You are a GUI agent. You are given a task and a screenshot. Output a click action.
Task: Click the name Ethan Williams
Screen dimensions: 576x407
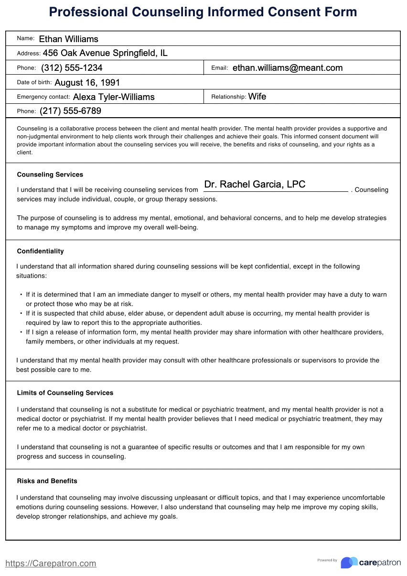click(68, 39)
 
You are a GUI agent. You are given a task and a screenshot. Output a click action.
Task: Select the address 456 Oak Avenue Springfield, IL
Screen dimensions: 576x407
click(105, 53)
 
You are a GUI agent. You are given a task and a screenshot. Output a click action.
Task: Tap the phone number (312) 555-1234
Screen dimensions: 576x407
click(72, 68)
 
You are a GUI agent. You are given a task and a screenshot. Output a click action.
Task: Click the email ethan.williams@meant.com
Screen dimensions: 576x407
click(287, 68)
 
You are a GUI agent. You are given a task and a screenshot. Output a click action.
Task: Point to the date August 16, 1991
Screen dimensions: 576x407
click(87, 83)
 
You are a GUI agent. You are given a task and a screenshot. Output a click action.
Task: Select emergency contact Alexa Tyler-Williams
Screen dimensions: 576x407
click(114, 97)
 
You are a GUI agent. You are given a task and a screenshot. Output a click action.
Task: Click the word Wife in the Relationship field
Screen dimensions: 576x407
click(257, 97)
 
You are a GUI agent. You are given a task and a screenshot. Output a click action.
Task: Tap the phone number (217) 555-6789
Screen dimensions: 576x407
click(70, 111)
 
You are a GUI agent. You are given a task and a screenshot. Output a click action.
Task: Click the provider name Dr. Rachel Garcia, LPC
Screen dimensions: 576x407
click(255, 185)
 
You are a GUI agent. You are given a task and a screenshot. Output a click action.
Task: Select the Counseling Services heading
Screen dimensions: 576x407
click(50, 175)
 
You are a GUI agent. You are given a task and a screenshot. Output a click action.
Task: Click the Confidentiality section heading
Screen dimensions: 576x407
click(40, 251)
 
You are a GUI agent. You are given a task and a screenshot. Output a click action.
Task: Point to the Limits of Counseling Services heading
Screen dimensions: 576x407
click(65, 393)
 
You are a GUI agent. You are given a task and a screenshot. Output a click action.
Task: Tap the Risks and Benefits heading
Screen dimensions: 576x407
click(47, 481)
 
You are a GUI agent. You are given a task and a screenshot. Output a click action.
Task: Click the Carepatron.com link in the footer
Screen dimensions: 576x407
click(51, 564)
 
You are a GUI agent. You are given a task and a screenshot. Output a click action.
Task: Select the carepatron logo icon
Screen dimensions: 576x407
click(349, 563)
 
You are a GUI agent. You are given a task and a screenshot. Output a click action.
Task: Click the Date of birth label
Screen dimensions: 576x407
click(34, 83)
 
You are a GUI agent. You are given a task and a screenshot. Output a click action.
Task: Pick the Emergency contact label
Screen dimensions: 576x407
click(43, 97)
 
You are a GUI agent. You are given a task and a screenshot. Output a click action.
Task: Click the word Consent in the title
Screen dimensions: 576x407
click(265, 12)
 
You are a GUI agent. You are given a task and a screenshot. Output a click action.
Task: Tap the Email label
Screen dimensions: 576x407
click(219, 68)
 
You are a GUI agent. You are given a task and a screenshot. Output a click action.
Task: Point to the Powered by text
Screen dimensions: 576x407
click(327, 560)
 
